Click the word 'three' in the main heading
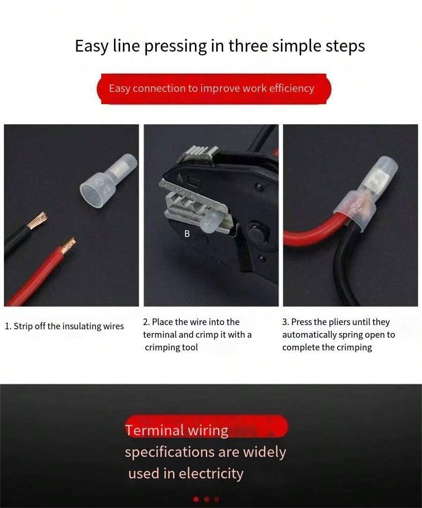pyautogui.click(x=249, y=45)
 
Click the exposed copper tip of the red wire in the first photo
pyautogui.click(x=68, y=245)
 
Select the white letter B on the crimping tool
pyautogui.click(x=187, y=234)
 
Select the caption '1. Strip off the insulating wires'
pyautogui.click(x=64, y=326)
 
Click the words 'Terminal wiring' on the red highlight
pyautogui.click(x=176, y=430)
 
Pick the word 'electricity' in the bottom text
pyautogui.click(x=211, y=473)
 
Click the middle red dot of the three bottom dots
pyautogui.click(x=206, y=499)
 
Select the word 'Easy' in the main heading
pyautogui.click(x=91, y=46)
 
